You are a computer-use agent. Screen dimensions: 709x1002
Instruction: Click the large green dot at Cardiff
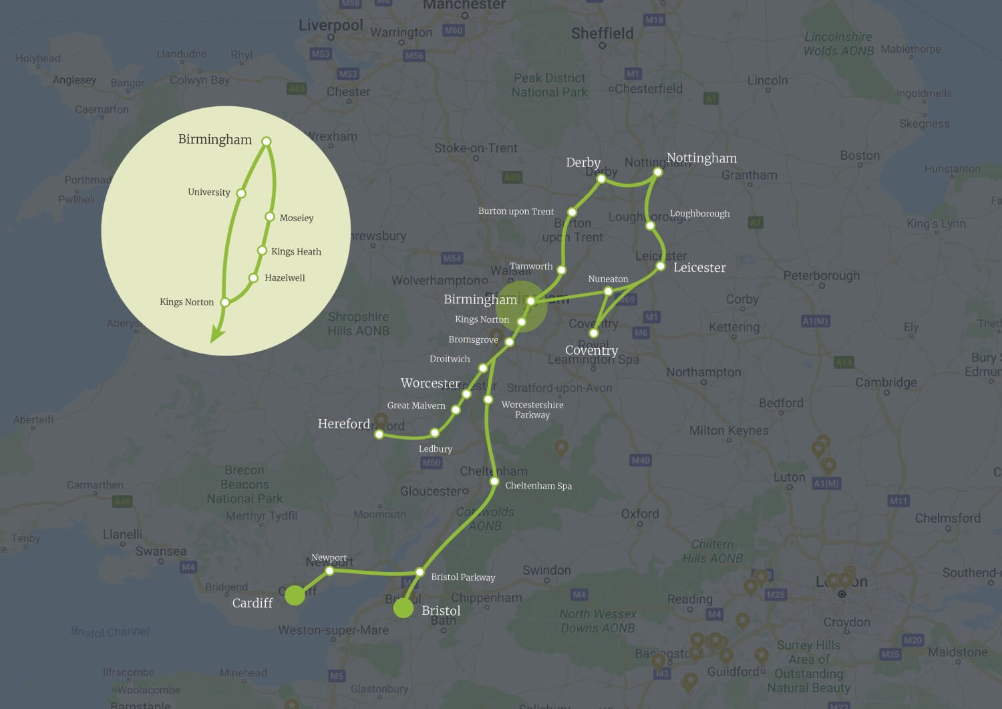[295, 595]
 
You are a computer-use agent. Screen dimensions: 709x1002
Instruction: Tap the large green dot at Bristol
[403, 608]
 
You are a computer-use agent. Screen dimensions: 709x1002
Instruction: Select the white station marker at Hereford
[379, 434]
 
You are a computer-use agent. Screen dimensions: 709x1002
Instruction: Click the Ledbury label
[436, 449]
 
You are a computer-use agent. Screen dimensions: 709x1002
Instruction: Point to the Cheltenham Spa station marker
[494, 481]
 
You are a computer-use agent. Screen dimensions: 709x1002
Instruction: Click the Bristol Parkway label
[463, 577]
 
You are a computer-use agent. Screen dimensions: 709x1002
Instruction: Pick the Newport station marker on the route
[329, 571]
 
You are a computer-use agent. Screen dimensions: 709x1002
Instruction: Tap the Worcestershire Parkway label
[532, 410]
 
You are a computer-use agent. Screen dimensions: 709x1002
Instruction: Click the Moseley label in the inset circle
[297, 218]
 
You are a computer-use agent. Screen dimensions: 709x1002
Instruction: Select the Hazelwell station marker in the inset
[253, 278]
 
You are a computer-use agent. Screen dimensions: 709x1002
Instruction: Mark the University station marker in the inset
[242, 193]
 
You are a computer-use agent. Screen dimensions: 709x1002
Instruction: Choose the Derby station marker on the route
[601, 178]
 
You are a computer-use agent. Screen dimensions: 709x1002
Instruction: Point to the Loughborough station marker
[650, 226]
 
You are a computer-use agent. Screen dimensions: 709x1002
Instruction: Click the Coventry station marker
[593, 333]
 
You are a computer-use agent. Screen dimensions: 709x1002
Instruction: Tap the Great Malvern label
[416, 406]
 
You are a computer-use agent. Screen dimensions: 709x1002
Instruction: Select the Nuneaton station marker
[608, 291]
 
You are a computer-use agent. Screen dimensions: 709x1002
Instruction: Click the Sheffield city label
[602, 33]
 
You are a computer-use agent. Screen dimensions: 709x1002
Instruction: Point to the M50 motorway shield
[432, 462]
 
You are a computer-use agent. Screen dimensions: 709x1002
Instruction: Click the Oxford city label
[640, 514]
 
